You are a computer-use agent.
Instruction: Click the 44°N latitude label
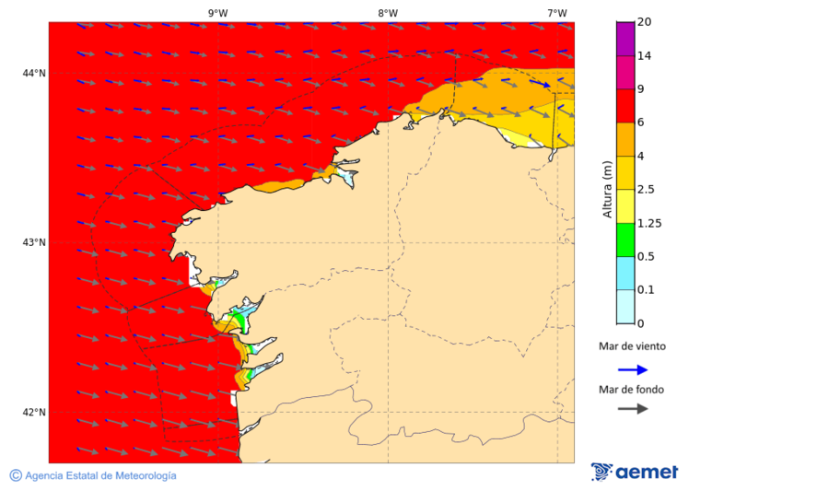coord(34,73)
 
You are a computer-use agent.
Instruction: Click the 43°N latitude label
coord(34,242)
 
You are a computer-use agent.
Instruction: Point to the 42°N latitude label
coord(34,412)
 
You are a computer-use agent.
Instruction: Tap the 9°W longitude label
coord(218,13)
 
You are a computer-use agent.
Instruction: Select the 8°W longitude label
coord(388,13)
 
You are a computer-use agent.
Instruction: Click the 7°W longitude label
coord(556,13)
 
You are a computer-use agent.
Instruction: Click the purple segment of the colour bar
coord(625,39)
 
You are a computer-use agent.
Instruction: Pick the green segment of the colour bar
coord(625,240)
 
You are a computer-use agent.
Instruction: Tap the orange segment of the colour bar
coord(625,139)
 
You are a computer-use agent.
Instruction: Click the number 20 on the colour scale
coord(645,22)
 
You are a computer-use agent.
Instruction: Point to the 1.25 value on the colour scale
coord(650,223)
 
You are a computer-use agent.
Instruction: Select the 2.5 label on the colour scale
coord(647,190)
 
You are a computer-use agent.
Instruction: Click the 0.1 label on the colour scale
coord(647,290)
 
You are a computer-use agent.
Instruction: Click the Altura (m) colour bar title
coord(607,189)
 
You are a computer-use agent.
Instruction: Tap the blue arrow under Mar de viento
coord(632,369)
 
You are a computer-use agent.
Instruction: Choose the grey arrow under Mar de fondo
coord(632,408)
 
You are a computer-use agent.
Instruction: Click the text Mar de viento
coord(632,347)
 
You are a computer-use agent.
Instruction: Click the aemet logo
coord(635,472)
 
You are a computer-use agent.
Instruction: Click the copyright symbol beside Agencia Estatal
coord(16,475)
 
